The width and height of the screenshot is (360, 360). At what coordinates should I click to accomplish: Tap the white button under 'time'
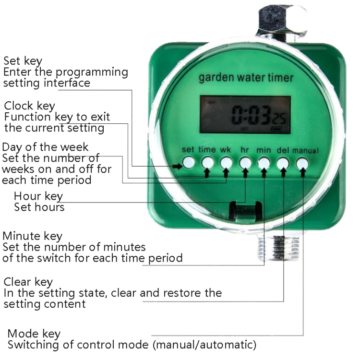tap(207, 162)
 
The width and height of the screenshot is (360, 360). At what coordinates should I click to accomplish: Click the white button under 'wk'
tap(226, 162)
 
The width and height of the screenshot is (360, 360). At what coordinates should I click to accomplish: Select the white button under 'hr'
tap(245, 162)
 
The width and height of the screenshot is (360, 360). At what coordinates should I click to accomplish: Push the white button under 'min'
tap(264, 162)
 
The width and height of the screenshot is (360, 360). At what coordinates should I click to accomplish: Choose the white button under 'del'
tap(283, 162)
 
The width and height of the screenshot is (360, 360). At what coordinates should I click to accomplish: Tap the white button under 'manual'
tap(302, 163)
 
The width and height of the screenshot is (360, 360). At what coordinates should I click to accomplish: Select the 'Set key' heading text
tap(23, 61)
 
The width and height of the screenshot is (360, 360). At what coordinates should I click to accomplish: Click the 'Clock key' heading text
tap(29, 106)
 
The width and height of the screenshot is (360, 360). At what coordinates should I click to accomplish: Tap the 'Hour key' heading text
tap(38, 196)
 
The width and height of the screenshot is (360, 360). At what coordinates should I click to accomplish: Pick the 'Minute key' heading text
tap(32, 236)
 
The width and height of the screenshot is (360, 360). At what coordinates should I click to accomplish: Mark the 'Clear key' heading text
tap(28, 281)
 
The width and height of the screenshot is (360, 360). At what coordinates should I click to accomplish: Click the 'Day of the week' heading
tap(45, 147)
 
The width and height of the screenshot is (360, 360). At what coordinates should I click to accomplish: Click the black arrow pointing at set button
tap(177, 167)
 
